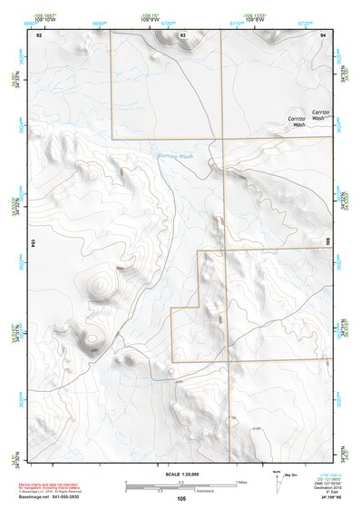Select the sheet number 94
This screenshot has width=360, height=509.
(x=322, y=35)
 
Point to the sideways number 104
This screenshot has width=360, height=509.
(x=33, y=243)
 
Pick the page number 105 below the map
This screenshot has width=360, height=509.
(x=181, y=498)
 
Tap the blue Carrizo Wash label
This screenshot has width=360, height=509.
(x=175, y=156)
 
